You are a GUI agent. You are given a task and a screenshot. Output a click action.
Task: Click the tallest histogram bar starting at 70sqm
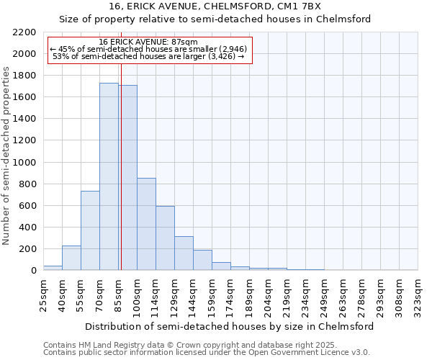click(109, 176)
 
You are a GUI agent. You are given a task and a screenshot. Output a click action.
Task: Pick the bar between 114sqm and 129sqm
click(165, 238)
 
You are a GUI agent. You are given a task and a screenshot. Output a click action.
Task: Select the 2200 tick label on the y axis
click(24, 32)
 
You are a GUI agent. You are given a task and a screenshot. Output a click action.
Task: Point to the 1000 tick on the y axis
click(24, 163)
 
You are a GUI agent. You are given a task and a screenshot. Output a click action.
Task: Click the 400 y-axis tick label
click(27, 228)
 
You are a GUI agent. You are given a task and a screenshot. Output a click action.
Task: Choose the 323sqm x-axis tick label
click(418, 294)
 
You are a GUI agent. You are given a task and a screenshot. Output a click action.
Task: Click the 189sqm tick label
click(249, 294)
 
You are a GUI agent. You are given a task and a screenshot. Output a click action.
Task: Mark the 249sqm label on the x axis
click(324, 294)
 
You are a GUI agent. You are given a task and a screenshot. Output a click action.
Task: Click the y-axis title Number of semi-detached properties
click(8, 156)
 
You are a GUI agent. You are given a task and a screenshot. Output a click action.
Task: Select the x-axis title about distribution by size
click(229, 326)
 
